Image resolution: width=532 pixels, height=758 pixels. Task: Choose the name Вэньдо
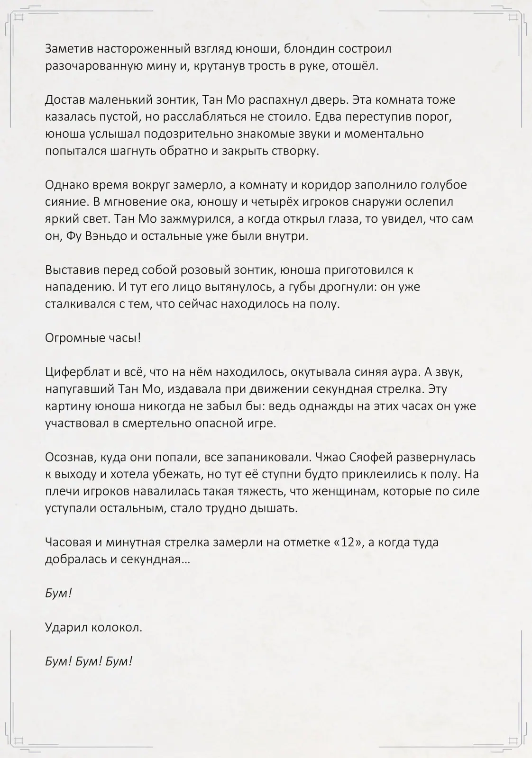(106, 236)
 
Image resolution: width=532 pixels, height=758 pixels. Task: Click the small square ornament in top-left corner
(19, 18)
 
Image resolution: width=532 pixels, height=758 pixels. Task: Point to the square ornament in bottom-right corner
(513, 740)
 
